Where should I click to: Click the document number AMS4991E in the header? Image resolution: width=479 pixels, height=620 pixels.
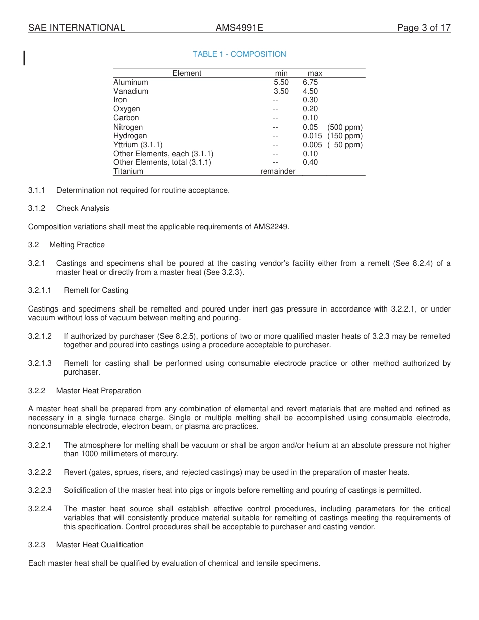(x=239, y=28)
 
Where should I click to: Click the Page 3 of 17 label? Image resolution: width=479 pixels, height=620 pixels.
(x=424, y=28)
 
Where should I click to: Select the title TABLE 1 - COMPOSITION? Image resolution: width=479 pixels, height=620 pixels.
(x=239, y=54)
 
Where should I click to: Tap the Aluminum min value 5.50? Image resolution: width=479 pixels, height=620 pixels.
(x=281, y=82)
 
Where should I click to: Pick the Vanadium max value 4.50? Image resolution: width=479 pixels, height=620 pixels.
(x=310, y=91)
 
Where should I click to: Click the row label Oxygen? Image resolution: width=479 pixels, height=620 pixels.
(x=127, y=109)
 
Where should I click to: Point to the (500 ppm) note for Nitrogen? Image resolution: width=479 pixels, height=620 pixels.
(x=344, y=127)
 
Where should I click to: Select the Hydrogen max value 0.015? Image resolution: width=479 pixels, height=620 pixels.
(x=312, y=136)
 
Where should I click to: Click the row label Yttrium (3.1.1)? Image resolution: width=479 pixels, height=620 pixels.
(x=138, y=145)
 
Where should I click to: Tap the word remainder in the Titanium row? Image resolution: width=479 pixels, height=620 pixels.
(x=278, y=171)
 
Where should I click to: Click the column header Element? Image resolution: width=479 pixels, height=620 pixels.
(x=187, y=73)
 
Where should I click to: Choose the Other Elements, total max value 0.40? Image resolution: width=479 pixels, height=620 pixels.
(x=310, y=162)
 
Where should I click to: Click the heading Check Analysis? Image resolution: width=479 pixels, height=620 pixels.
(x=83, y=208)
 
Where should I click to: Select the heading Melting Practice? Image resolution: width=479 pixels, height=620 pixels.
(x=77, y=245)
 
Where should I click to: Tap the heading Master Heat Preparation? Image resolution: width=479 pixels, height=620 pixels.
(x=98, y=391)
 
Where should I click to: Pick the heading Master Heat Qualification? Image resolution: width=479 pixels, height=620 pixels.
(x=100, y=545)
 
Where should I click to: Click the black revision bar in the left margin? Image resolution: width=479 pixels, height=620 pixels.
(x=25, y=58)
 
